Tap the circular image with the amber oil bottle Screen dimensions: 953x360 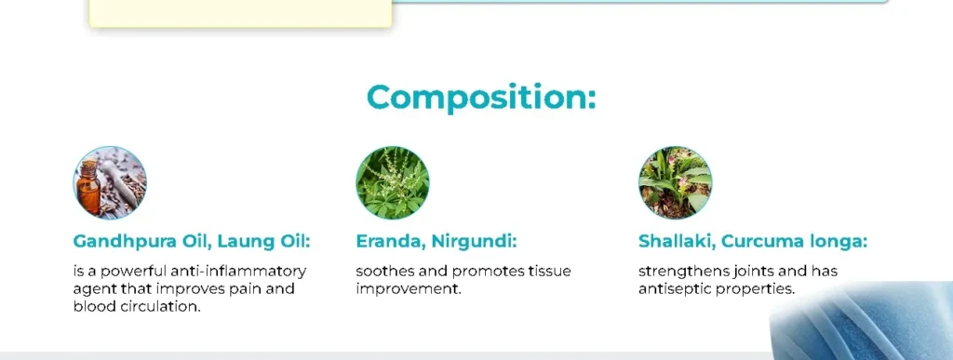pos(110,182)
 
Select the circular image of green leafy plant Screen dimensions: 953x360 pos(393,182)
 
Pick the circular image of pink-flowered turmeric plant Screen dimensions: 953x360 pos(676,182)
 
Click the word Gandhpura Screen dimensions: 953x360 pos(126,242)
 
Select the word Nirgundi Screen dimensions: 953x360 pos(474,242)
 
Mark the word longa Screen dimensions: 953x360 pos(839,242)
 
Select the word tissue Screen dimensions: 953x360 pos(551,271)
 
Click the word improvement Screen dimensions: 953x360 pos(409,289)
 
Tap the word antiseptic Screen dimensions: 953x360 pos(674,289)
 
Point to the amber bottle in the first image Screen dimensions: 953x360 pos(88,187)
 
